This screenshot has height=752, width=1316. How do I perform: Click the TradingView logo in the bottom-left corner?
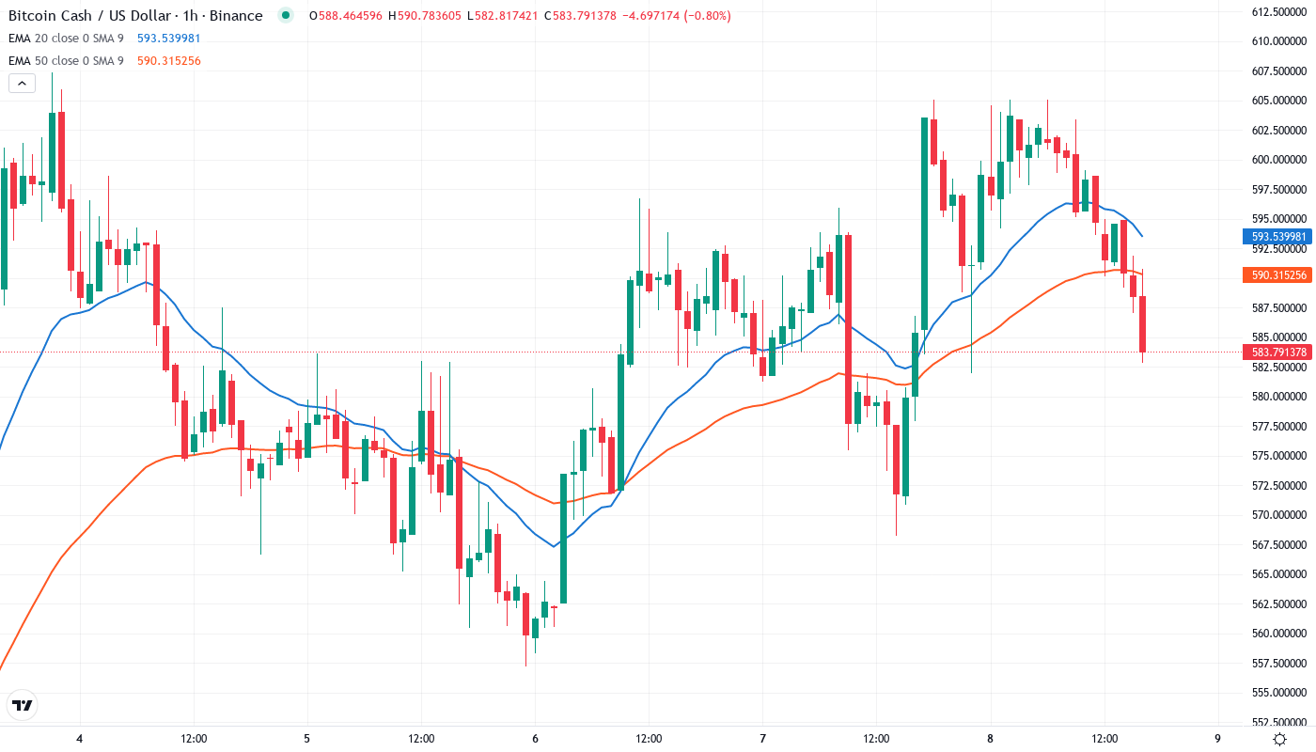coord(23,705)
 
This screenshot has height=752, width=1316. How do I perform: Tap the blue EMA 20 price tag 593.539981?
coord(1278,237)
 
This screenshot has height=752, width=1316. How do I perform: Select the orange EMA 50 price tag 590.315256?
coord(1278,275)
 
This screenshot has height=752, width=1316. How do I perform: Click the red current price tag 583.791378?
coord(1278,352)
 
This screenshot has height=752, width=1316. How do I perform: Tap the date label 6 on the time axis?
coord(535,738)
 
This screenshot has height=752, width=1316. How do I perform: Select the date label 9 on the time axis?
coord(1217,738)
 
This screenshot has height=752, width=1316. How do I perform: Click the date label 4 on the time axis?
coord(80,738)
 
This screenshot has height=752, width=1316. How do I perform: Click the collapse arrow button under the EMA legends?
coord(23,83)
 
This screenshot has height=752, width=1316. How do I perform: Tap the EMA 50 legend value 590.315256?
coord(168,61)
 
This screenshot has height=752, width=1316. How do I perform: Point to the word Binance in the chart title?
coord(237,16)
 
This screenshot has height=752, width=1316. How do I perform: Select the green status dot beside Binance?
coord(286,16)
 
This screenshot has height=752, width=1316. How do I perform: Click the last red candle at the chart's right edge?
coord(1142,323)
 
